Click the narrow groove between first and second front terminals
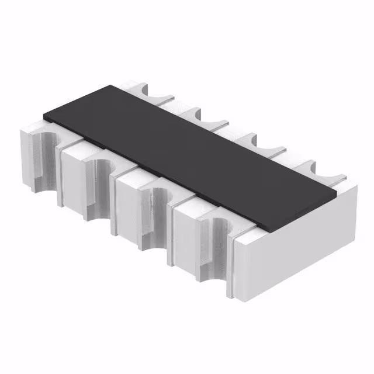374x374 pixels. coord(60,175)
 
